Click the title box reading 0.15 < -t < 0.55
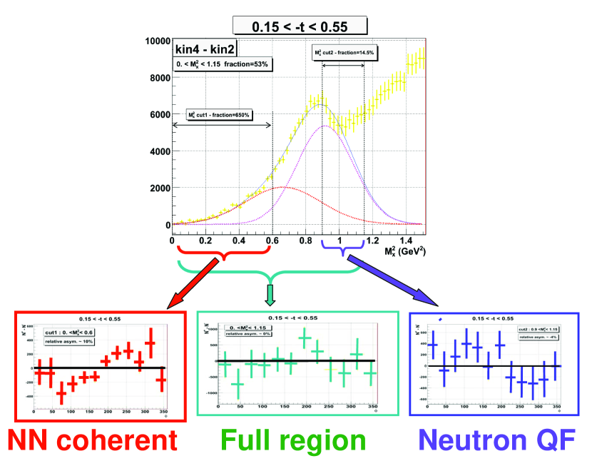(300, 26)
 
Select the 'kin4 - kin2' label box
(205, 49)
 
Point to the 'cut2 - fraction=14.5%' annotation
(345, 53)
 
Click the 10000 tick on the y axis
(154, 41)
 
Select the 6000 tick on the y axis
(157, 115)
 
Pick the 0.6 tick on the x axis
(272, 241)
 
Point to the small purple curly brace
(343, 250)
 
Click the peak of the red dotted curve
(283, 187)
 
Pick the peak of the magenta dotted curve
(325, 126)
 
